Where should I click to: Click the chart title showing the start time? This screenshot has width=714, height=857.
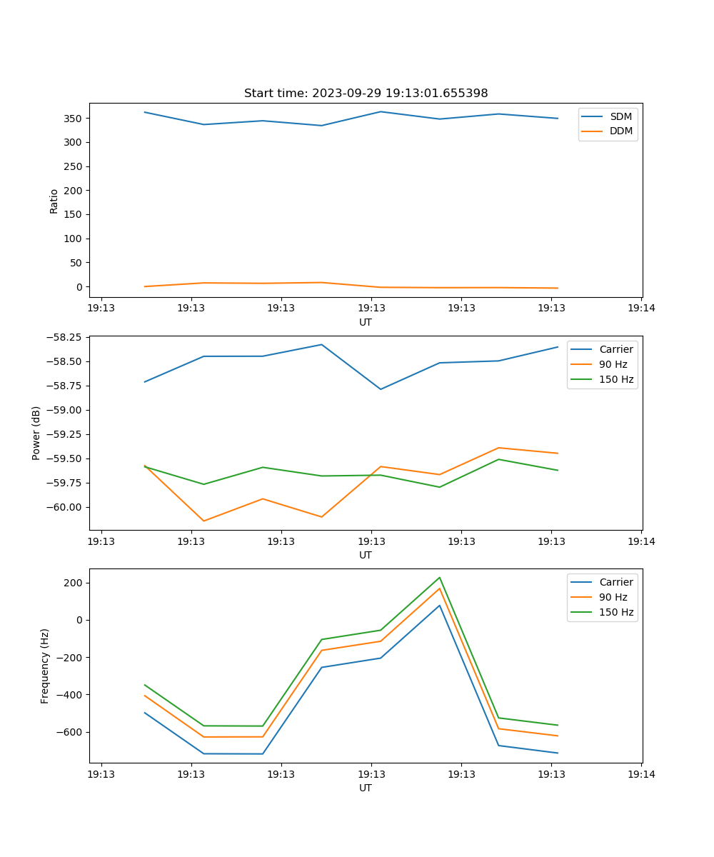pyautogui.click(x=366, y=94)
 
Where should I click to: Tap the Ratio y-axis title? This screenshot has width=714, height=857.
pyautogui.click(x=54, y=201)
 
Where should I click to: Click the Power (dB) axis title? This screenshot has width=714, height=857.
pyautogui.click(x=36, y=433)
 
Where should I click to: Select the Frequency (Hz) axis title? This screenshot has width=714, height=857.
pyautogui.click(x=45, y=666)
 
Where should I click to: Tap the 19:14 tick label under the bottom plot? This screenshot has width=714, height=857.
pyautogui.click(x=640, y=774)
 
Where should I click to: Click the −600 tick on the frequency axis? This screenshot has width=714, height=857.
pyautogui.click(x=70, y=732)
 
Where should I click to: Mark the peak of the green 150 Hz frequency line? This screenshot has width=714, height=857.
pyautogui.click(x=440, y=578)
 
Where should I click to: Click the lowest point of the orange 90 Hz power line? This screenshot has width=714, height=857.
pyautogui.click(x=204, y=521)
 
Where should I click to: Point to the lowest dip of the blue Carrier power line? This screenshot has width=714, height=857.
pyautogui.click(x=381, y=389)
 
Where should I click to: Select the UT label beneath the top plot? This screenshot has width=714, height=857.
pyautogui.click(x=366, y=322)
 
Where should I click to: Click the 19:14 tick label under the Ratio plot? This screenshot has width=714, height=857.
pyautogui.click(x=640, y=309)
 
